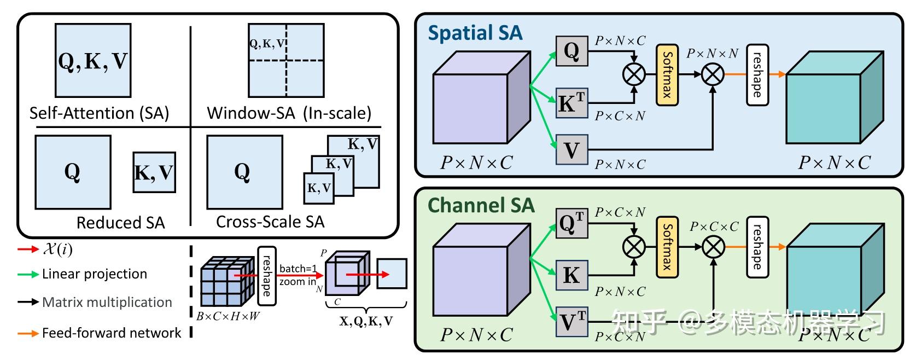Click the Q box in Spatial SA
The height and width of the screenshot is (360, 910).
click(x=571, y=51)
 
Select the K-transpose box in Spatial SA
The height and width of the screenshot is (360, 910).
click(x=571, y=103)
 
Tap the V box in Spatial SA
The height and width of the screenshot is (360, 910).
click(x=571, y=149)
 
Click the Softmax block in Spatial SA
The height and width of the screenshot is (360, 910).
click(x=667, y=75)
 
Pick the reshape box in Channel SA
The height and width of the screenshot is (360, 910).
click(x=757, y=246)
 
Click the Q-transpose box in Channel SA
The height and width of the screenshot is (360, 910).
click(x=571, y=223)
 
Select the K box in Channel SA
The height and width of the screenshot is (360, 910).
click(x=571, y=275)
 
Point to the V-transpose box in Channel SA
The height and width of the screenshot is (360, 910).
click(x=571, y=322)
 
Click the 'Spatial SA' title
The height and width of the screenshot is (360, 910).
click(x=475, y=33)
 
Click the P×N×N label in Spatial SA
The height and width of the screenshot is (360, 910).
click(x=712, y=54)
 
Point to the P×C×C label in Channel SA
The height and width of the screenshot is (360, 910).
click(x=714, y=227)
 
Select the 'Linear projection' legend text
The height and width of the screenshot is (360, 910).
click(x=95, y=274)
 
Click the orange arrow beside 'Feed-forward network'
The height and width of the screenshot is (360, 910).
click(x=27, y=333)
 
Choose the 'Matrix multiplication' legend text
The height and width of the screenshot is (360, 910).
click(x=107, y=303)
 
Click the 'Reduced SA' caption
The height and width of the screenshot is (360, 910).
click(x=120, y=223)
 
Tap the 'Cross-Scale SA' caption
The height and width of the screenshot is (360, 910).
click(x=270, y=222)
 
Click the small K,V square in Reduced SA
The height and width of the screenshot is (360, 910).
click(x=154, y=172)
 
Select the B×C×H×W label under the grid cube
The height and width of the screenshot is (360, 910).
click(x=228, y=316)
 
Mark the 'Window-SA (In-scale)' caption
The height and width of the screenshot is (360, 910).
click(x=289, y=113)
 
